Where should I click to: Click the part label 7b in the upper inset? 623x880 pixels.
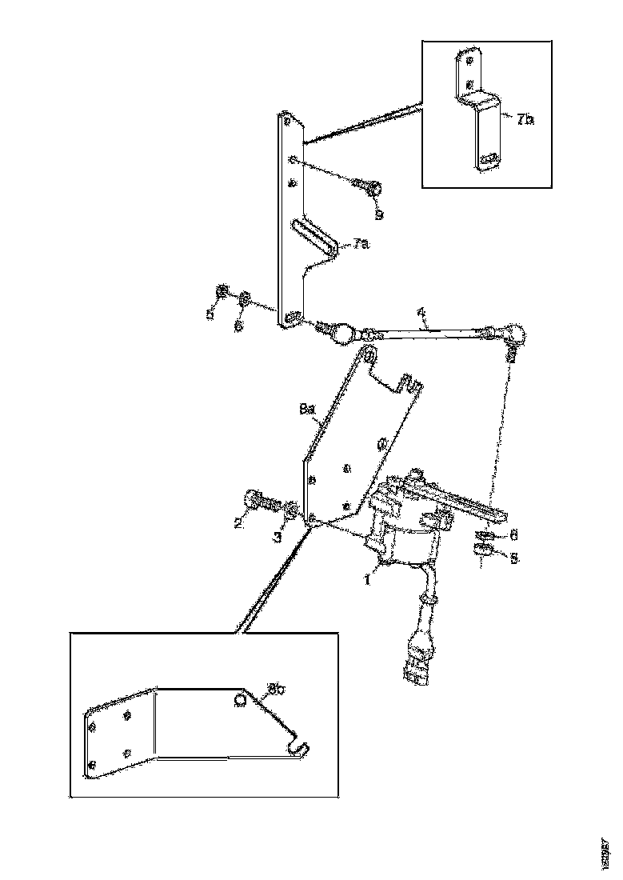click(525, 120)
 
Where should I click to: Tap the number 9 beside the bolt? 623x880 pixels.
click(379, 214)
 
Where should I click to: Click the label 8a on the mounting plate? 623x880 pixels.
click(308, 409)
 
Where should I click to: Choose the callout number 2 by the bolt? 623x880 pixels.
click(238, 522)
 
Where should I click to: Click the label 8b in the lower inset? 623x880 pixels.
click(277, 687)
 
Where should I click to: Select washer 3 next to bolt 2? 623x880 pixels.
click(293, 509)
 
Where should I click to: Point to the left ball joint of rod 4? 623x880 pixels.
click(342, 330)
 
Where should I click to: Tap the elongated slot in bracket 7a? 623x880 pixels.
click(314, 236)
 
